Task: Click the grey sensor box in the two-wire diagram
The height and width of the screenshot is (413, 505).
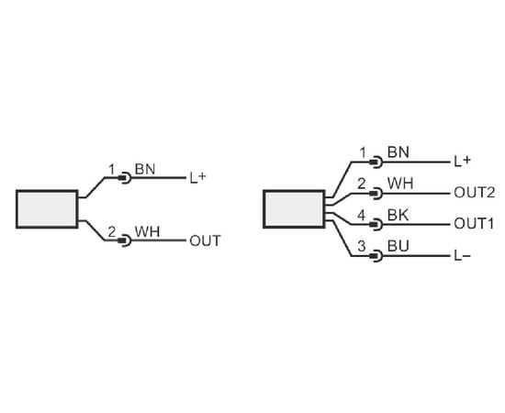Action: tap(47, 209)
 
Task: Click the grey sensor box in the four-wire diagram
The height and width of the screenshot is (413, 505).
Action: tap(295, 209)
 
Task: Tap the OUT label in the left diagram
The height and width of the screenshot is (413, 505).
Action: tap(205, 240)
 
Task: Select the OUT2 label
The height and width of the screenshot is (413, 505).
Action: tap(474, 193)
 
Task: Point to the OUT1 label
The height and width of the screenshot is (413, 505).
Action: tap(474, 224)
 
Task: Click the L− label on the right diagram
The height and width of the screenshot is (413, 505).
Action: tap(463, 256)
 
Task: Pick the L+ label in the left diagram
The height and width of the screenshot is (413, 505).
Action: tap(197, 177)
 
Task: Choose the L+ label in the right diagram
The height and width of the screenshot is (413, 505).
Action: tap(463, 162)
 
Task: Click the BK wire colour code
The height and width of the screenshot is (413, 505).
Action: tap(398, 215)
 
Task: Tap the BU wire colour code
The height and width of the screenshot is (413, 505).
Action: tap(398, 246)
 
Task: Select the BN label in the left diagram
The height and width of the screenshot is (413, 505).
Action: tap(145, 169)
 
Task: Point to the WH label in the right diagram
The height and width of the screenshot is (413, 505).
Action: tap(400, 184)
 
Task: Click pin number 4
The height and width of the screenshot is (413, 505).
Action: tap(362, 215)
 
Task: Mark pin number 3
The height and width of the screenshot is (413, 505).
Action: tap(362, 246)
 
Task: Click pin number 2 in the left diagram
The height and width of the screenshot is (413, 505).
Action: tap(111, 232)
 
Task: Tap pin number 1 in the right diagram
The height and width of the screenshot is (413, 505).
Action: tap(363, 152)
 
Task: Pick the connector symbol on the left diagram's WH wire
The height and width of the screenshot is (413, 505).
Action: tap(125, 240)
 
